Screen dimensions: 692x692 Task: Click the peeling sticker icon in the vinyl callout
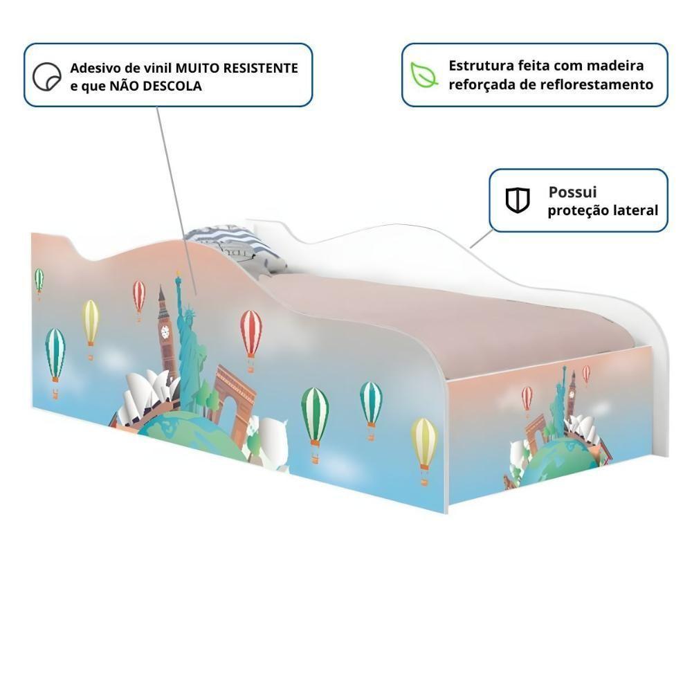(47, 76)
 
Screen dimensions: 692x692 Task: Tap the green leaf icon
(424, 75)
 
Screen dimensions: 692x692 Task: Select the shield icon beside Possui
(518, 200)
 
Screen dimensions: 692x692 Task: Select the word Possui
(572, 192)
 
